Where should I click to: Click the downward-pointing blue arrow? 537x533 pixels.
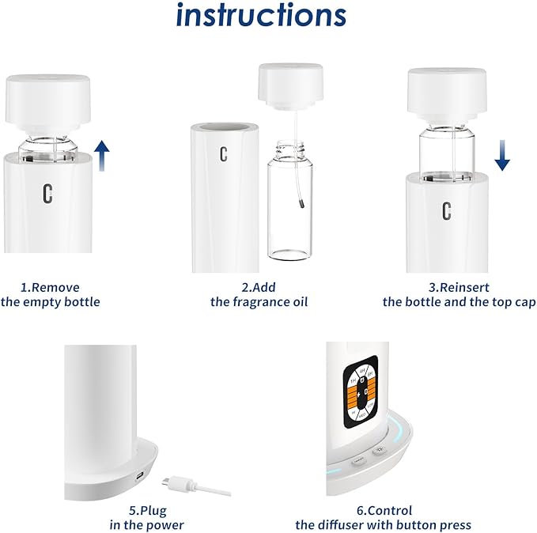click(x=501, y=152)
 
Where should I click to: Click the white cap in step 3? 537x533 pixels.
click(x=446, y=90)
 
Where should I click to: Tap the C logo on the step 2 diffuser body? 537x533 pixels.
click(x=224, y=153)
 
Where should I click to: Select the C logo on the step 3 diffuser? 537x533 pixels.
click(x=447, y=210)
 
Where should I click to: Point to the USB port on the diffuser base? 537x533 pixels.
click(x=140, y=476)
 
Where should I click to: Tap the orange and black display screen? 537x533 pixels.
click(x=361, y=388)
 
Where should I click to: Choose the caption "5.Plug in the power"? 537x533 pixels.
click(x=146, y=518)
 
